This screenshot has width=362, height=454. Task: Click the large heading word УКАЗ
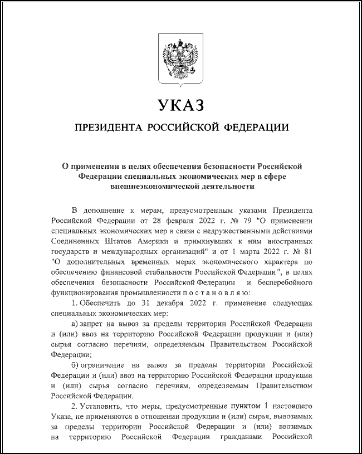[180, 105]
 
